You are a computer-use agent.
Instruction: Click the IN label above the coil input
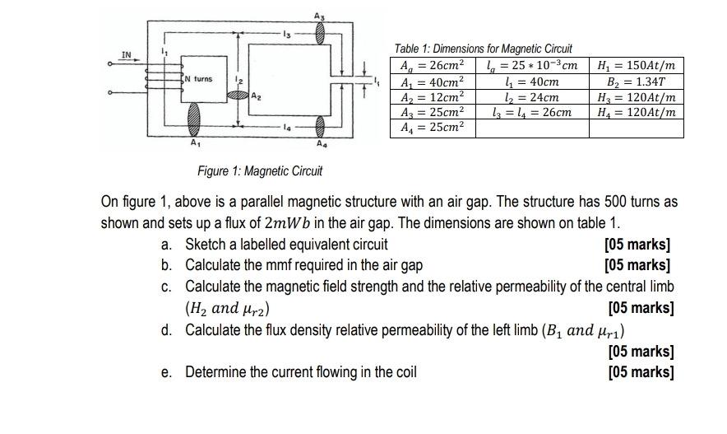tap(126, 55)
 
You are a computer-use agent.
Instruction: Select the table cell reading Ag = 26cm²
tap(432, 65)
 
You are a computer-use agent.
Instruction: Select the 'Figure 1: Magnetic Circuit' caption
tap(261, 171)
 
